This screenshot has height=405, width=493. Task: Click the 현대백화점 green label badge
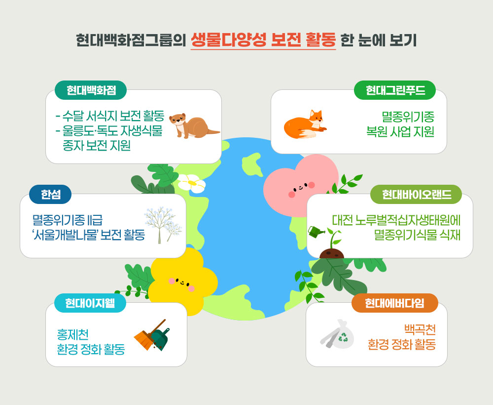coord(91,90)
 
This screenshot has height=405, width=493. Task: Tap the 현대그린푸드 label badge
coord(395,90)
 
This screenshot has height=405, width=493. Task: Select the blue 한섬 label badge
coord(50,194)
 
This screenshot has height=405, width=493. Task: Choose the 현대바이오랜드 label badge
coord(416,194)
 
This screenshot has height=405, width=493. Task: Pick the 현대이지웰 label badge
coord(90,303)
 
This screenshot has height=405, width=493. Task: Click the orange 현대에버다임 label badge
coord(394,303)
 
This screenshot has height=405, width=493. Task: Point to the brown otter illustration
coord(193,126)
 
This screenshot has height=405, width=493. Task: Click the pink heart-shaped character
coord(300,186)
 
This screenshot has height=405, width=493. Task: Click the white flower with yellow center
coord(191,184)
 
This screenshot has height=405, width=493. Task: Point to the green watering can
coord(316,232)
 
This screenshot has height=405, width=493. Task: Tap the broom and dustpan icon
coord(152,335)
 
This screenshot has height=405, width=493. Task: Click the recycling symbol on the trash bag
coord(343,337)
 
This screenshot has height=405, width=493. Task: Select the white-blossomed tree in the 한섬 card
coord(163,225)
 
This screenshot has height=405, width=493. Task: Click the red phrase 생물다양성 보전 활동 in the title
coord(263,40)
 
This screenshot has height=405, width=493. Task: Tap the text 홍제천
coord(72,334)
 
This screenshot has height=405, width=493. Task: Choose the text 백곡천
coord(420,329)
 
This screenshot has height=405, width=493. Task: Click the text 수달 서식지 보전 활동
coord(113,116)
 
